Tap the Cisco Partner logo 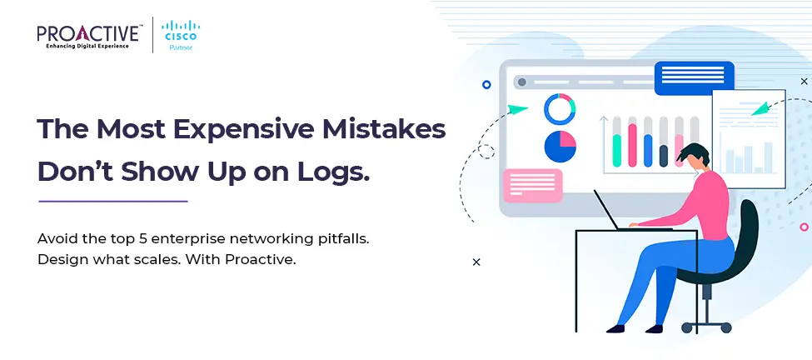point(181,35)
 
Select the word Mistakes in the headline point(384,129)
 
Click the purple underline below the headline point(113,201)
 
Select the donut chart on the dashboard point(560,109)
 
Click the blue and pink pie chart point(560,147)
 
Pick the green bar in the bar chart point(616,150)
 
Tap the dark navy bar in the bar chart point(664,155)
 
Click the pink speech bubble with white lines point(533,186)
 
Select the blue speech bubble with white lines point(695,77)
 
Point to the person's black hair point(694,153)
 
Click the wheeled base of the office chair point(706,324)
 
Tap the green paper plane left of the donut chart point(517,109)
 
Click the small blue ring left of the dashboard point(486,84)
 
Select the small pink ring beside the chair point(805,227)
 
